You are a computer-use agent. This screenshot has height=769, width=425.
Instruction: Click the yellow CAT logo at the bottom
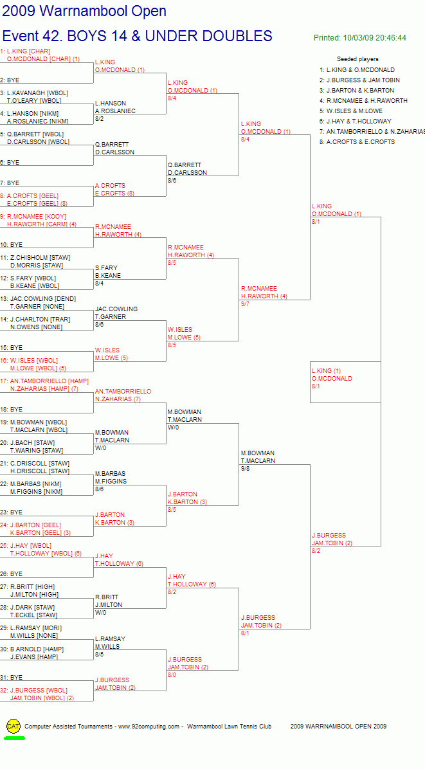[x=14, y=727]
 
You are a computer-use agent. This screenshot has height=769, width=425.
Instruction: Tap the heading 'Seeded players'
[x=357, y=59]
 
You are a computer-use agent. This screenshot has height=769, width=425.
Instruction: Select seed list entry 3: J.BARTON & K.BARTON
[x=356, y=90]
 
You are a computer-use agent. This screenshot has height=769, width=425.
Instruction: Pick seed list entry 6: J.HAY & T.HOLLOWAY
[x=355, y=121]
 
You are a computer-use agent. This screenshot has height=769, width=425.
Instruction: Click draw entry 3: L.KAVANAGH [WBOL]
[x=34, y=93]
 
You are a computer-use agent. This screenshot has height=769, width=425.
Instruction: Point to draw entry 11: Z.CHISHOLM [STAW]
[x=35, y=257]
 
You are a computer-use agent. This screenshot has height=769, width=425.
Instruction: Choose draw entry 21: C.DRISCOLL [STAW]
[x=35, y=464]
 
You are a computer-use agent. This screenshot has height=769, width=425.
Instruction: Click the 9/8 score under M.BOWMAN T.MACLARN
[x=246, y=469]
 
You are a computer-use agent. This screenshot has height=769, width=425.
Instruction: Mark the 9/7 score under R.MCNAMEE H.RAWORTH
[x=246, y=304]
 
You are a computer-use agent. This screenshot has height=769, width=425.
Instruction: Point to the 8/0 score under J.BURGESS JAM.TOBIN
[x=172, y=675]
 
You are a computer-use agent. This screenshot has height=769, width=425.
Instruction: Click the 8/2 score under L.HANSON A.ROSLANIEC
[x=100, y=119]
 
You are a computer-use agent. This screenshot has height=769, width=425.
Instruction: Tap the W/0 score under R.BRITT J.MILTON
[x=100, y=613]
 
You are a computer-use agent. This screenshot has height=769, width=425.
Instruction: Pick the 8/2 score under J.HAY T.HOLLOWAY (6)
[x=172, y=592]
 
